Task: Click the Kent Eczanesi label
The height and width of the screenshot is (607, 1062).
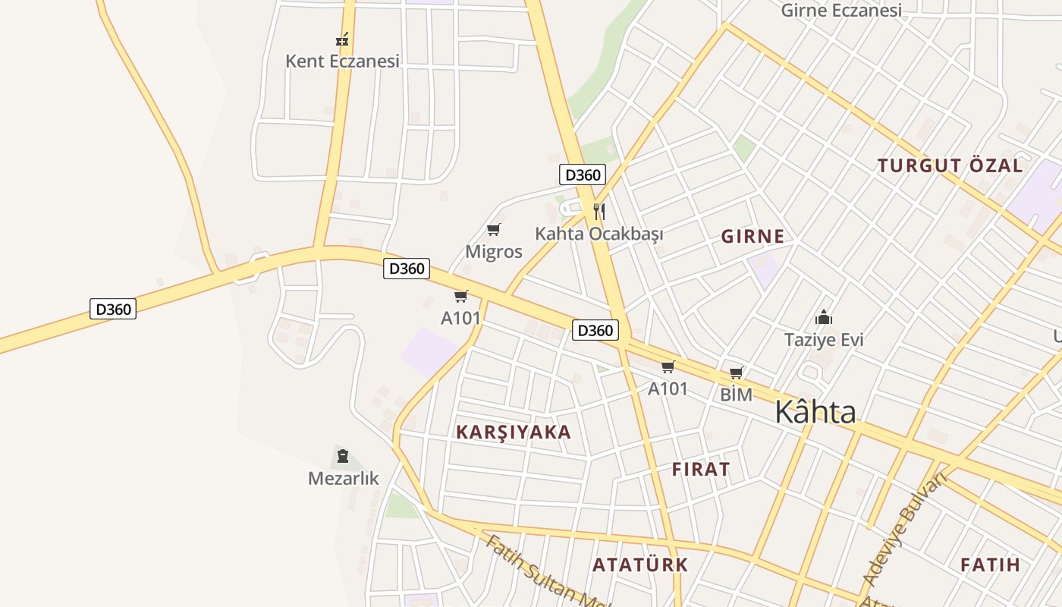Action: [x=342, y=61]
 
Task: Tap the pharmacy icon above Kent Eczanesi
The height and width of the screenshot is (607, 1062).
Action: [x=342, y=39]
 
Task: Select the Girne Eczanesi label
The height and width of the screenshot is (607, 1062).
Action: [x=841, y=11]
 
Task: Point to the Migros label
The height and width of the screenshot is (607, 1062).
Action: [x=494, y=251]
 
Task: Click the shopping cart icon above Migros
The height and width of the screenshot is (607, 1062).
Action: [x=494, y=229]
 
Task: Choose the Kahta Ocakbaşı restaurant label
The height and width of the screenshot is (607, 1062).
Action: [x=599, y=233]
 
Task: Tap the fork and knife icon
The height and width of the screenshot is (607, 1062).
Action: [x=599, y=211]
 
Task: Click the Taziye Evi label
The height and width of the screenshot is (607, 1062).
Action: [x=824, y=339]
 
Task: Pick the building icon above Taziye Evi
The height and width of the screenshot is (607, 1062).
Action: [x=824, y=317]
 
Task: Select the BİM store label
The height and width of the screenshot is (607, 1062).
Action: [x=736, y=395]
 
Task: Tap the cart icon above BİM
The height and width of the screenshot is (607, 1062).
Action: [x=736, y=373]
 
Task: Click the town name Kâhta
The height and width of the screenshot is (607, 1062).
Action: [x=815, y=412]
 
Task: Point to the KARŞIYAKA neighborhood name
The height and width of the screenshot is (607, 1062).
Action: [x=514, y=432]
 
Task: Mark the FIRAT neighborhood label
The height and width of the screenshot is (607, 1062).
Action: [x=701, y=469]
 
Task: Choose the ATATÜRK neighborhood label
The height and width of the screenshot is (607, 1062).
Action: [x=640, y=565]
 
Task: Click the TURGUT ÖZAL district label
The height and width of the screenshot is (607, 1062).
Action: [x=950, y=165]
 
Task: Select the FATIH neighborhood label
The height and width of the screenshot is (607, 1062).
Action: [x=990, y=565]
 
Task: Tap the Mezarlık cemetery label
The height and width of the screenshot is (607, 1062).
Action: [x=343, y=478]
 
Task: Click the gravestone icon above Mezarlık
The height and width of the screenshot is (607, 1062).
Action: [x=343, y=456]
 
